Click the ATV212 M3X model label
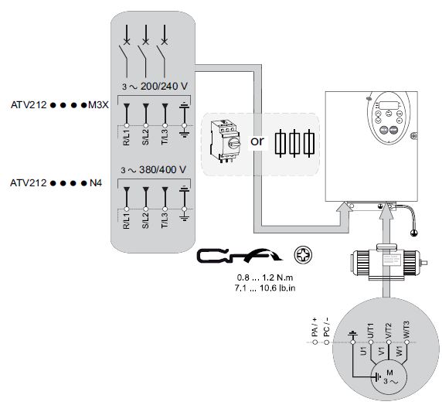tap(59, 105)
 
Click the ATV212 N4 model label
tap(56, 183)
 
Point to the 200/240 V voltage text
tap(164, 87)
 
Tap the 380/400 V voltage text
tap(162, 170)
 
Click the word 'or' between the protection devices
tap(257, 141)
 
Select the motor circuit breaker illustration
tap(226, 141)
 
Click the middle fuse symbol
tap(294, 143)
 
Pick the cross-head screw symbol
tap(303, 255)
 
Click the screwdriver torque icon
tap(239, 256)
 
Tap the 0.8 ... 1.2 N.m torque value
tap(265, 277)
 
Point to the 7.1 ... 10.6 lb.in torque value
tap(265, 288)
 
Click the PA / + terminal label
tap(314, 327)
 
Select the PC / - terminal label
tap(326, 327)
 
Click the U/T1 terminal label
tap(370, 331)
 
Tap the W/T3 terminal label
tap(406, 330)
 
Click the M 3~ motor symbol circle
tap(389, 377)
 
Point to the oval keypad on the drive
tap(389, 118)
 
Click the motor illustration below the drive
tap(389, 262)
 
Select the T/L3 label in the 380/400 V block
tap(165, 220)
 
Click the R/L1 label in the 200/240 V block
tap(126, 138)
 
